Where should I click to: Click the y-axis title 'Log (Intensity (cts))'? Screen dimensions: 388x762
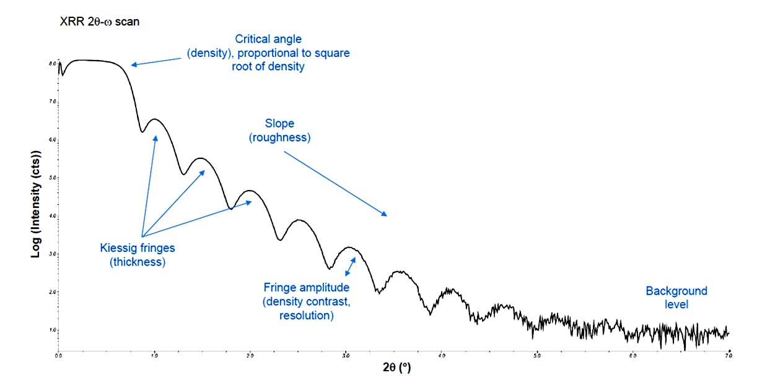36,205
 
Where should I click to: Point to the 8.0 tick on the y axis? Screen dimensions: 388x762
53,64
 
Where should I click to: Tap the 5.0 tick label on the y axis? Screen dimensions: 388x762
53,178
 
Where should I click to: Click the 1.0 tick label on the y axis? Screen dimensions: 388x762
53,330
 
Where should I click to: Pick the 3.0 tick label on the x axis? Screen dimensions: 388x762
346,355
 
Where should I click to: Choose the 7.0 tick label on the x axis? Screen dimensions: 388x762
729,355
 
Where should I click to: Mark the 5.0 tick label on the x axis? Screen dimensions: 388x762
537,355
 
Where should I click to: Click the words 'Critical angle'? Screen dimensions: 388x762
268,40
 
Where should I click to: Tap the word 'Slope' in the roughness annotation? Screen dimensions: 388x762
279,124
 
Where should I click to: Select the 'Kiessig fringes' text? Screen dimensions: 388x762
138,248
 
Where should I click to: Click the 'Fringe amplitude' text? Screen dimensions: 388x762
307,288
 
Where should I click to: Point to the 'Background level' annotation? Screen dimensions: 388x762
676,298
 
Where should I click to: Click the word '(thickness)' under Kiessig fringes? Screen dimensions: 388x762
138,262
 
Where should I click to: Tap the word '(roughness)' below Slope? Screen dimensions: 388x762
279,137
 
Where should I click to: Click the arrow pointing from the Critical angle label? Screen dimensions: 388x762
157,61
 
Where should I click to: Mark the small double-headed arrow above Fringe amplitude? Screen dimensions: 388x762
351,267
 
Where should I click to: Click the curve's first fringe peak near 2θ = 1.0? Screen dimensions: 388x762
154,119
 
